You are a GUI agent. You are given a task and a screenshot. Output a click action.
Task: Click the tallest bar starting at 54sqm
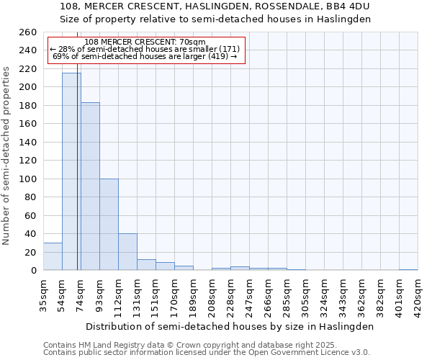click(71, 171)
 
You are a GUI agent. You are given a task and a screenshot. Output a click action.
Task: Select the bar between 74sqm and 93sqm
click(90, 186)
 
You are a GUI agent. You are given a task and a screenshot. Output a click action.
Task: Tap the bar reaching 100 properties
click(109, 225)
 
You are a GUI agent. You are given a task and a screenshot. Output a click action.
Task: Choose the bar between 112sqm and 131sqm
click(127, 252)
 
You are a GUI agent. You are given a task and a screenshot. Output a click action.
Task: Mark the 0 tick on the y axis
click(33, 271)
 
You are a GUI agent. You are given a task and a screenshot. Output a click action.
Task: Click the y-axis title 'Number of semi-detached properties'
click(7, 155)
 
